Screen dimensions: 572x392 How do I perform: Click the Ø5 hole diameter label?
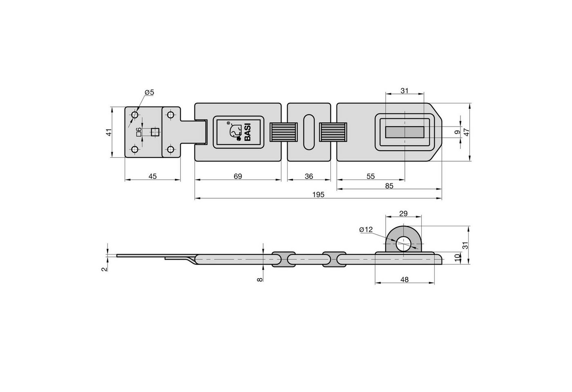click(150, 92)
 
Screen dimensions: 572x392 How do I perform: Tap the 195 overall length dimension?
click(318, 195)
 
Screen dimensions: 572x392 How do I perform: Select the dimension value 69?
click(238, 176)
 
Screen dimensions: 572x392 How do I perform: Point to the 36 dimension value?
click(309, 176)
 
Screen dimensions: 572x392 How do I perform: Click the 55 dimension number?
click(371, 176)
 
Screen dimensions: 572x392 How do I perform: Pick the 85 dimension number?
click(389, 186)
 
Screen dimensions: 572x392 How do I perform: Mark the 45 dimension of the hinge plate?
click(152, 176)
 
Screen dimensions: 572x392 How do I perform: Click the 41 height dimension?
click(109, 132)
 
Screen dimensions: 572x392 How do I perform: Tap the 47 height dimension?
click(467, 132)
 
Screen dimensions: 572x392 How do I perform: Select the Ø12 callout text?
click(366, 229)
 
